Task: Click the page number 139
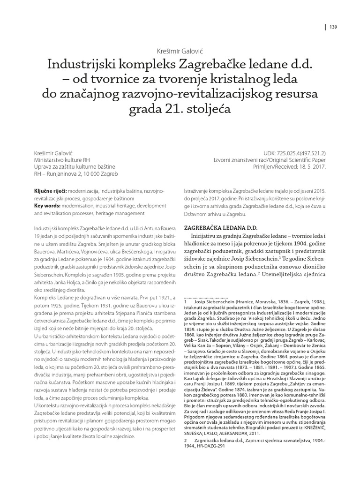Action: [334, 27]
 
